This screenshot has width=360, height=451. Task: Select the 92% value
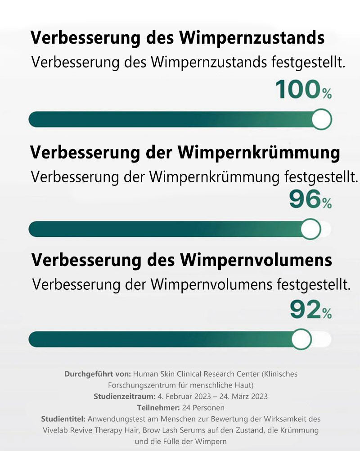310,310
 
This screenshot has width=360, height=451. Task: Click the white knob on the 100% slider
321,120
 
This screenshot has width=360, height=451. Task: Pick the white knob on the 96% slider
310,230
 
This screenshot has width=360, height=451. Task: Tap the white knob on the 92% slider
301,339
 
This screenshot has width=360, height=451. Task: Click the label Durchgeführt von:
98,374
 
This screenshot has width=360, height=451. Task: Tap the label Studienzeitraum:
125,397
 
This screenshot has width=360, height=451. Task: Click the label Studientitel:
63,419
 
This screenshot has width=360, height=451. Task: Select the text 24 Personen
202,408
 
